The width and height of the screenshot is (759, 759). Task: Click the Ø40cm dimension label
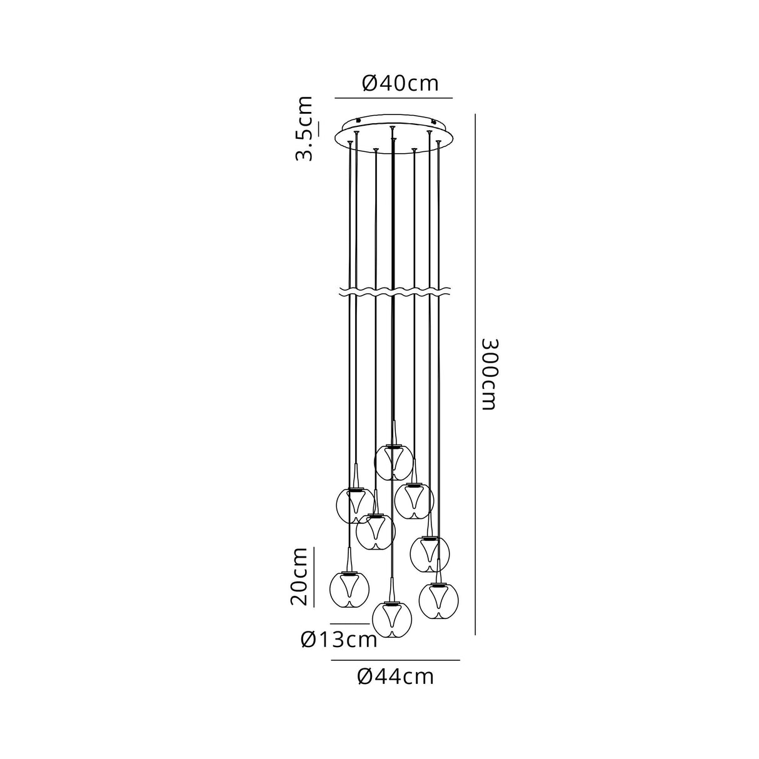coord(400,83)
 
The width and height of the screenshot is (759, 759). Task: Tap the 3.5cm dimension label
coord(304,128)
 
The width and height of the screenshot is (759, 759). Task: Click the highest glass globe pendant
coord(393,463)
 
